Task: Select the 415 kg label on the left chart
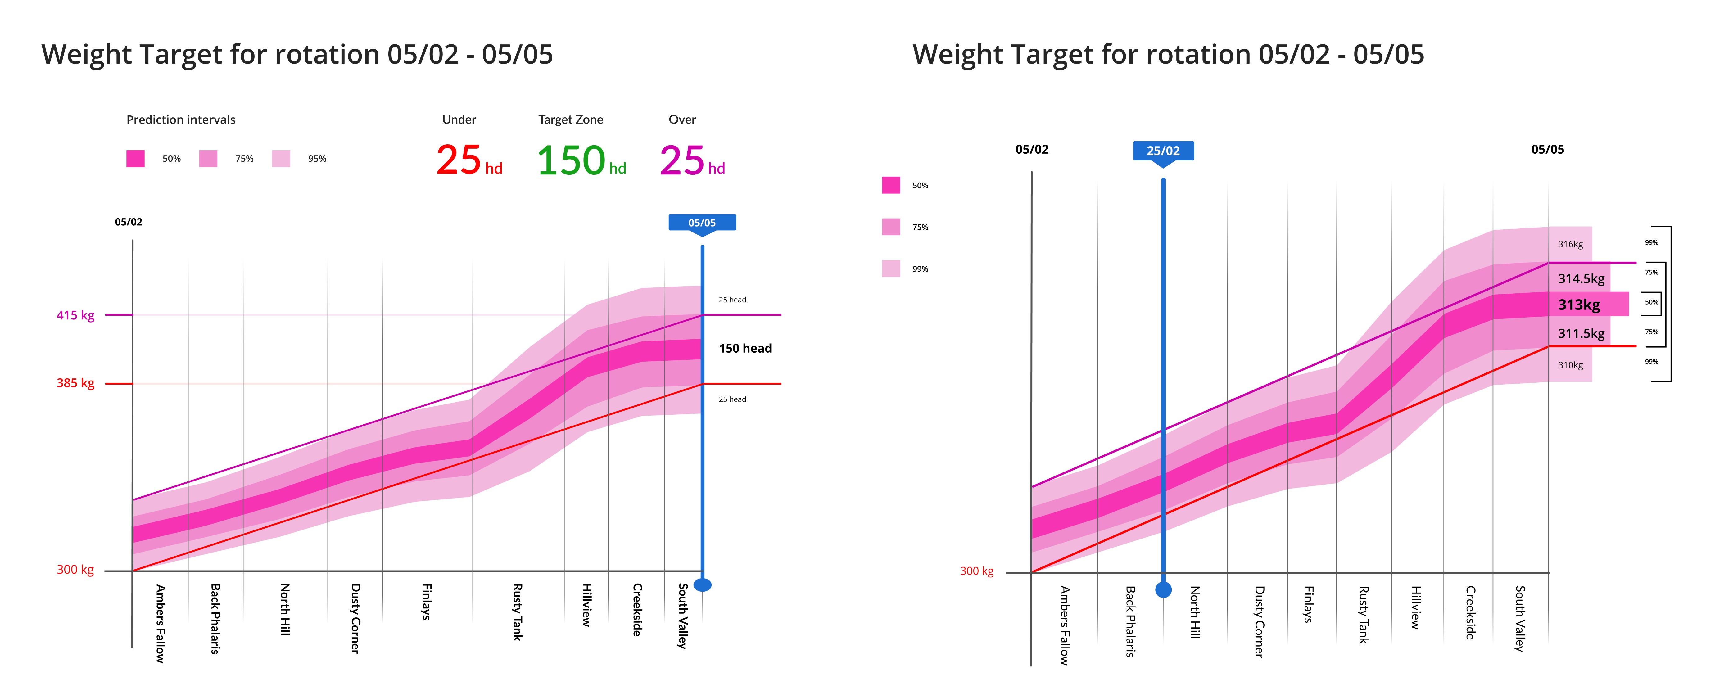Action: click(x=75, y=315)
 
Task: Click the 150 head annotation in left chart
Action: click(x=745, y=348)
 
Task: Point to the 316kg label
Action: click(x=1570, y=244)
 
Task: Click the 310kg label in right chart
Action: click(x=1570, y=365)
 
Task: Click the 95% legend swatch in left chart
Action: click(x=281, y=158)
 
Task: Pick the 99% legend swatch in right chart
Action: click(x=891, y=268)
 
